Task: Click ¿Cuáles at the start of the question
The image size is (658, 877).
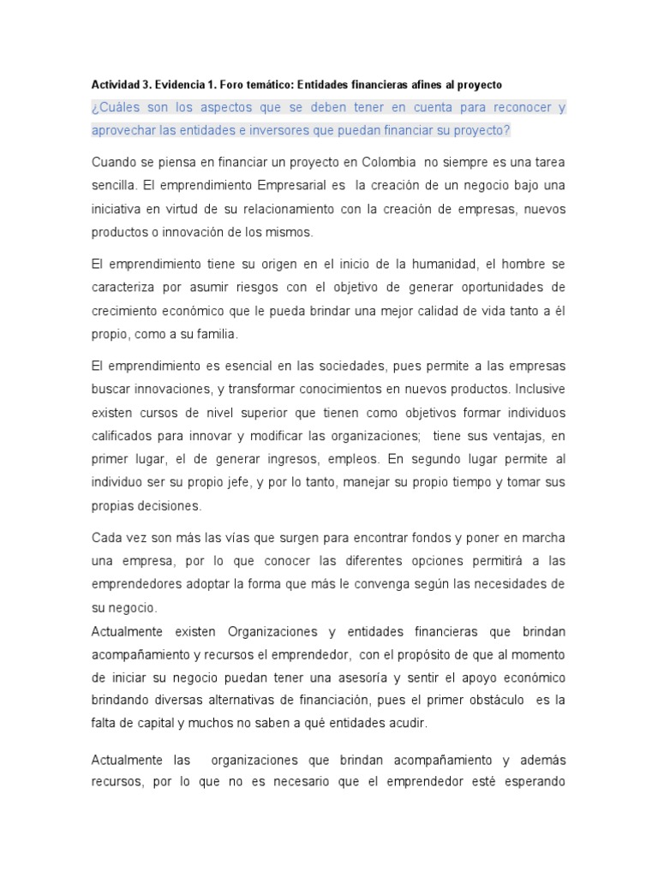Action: [116, 108]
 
